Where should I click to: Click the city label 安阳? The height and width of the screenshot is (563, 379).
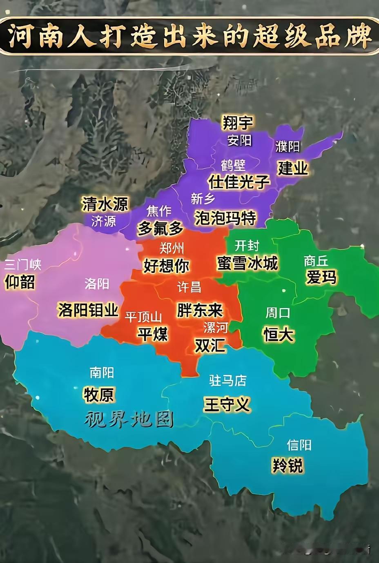click(240, 140)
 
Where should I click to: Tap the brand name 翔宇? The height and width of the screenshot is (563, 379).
click(237, 122)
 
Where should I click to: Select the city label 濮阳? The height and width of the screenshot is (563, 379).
click(288, 146)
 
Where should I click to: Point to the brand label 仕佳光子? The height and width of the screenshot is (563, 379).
click(239, 182)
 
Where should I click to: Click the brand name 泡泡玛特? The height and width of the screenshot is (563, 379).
click(225, 218)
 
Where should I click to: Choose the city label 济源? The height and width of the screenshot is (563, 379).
click(103, 221)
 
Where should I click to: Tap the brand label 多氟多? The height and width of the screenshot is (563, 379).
click(160, 228)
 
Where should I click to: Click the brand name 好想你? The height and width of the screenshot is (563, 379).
click(167, 266)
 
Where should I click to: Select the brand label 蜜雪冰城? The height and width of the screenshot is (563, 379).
click(247, 263)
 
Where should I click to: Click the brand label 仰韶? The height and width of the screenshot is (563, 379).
click(20, 282)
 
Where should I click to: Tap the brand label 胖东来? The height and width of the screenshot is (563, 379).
click(200, 310)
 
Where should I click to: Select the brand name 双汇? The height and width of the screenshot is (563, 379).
click(210, 345)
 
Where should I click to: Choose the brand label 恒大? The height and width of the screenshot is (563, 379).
click(279, 334)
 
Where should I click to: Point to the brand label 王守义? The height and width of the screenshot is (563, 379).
click(227, 404)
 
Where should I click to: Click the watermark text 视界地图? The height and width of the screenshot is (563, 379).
click(129, 419)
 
